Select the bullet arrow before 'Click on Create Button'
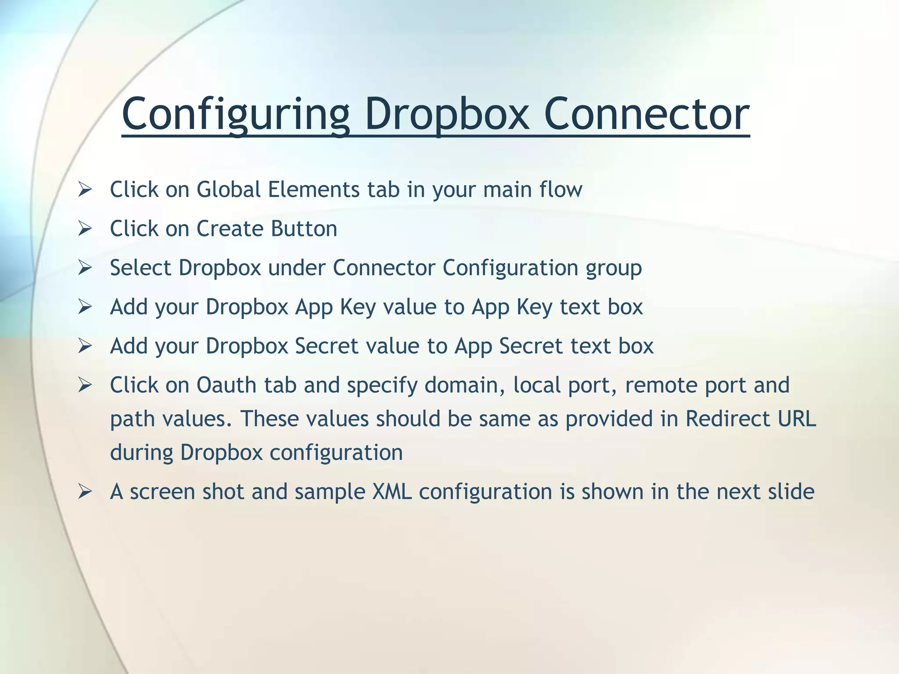[x=84, y=229]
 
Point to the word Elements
[x=314, y=190]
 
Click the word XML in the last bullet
[x=392, y=491]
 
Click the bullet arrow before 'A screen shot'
[x=84, y=492]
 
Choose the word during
[x=141, y=452]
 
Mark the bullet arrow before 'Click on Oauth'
[x=84, y=385]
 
